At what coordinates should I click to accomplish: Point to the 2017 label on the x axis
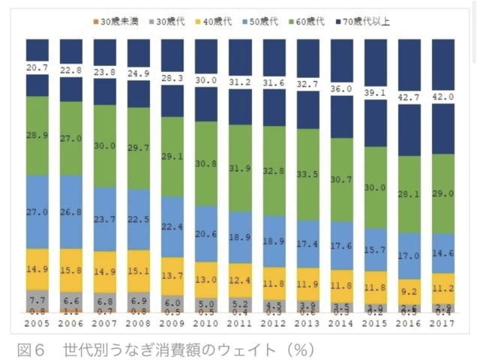[x=442, y=322]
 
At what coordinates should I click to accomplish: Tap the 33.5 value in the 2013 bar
[x=307, y=175]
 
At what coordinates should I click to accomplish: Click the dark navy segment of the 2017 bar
[x=442, y=127]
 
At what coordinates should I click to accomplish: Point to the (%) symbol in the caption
[x=299, y=349]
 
